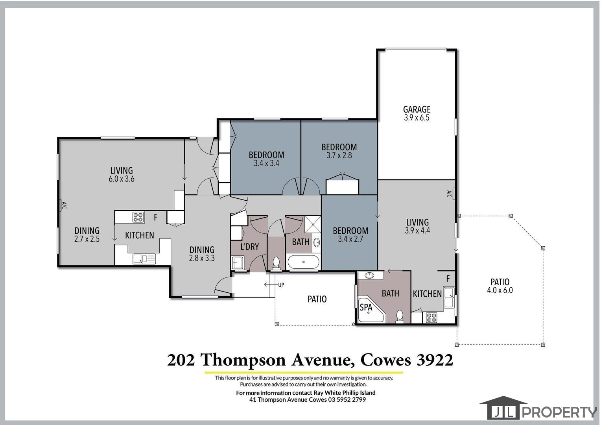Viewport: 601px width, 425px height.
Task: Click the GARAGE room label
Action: [417, 109]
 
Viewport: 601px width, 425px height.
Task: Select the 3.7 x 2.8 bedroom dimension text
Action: [339, 155]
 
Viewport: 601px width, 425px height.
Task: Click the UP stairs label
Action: [281, 285]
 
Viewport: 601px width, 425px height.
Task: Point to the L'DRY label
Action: [249, 246]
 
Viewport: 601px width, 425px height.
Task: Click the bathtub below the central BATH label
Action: [303, 262]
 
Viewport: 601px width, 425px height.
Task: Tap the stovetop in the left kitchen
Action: [138, 217]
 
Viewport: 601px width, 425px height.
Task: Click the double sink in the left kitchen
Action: [144, 259]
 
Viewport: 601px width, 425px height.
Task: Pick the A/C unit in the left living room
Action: [61, 205]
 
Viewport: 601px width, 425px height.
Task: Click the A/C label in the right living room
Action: [449, 194]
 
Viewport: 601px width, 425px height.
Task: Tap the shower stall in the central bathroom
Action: [313, 224]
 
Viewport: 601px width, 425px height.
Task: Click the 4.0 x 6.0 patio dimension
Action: [500, 290]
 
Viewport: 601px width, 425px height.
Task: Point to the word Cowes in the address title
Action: [385, 360]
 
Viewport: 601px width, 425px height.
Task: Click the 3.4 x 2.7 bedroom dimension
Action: [350, 239]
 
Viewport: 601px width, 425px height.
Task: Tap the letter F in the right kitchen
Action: [448, 279]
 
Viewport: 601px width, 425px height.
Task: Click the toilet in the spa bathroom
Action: [400, 316]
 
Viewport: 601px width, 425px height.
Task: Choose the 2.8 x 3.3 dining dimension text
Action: [202, 258]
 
